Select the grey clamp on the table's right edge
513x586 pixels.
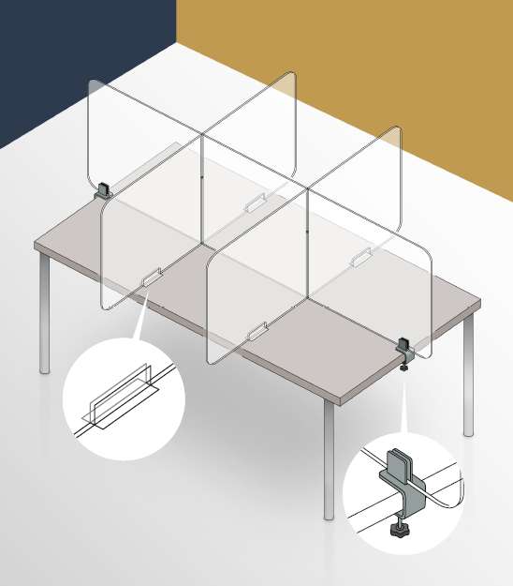pos(406,348)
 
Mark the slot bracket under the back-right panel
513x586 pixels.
pos(360,254)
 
